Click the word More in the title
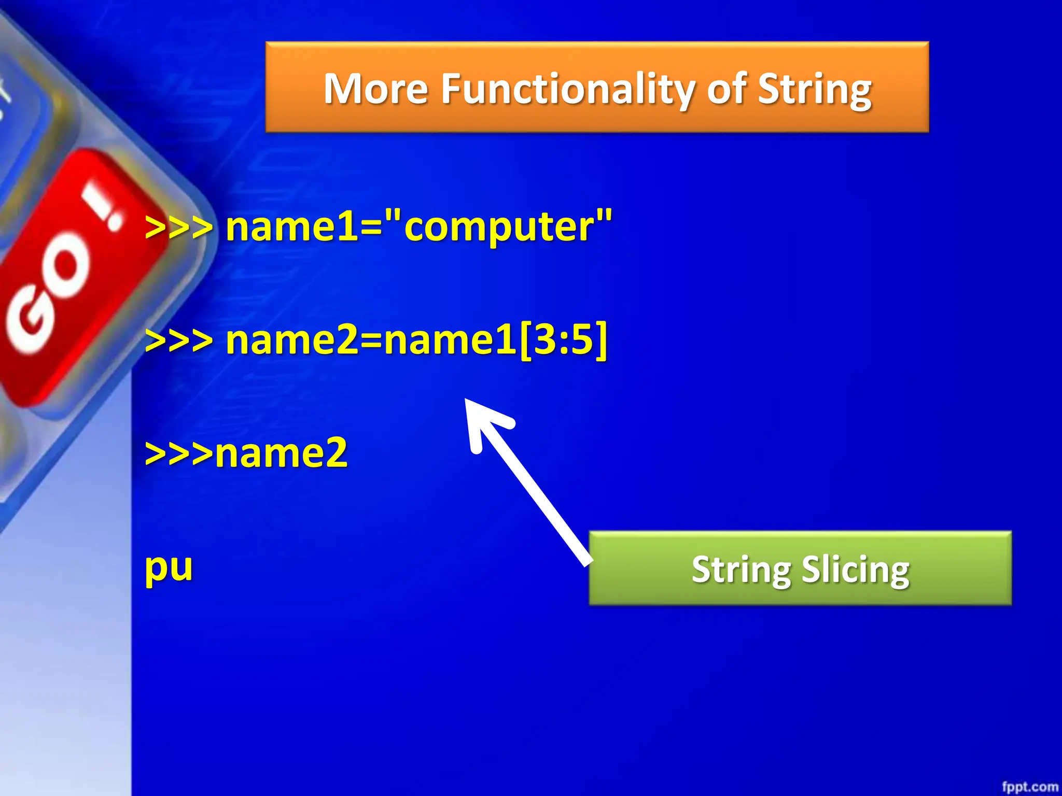[x=376, y=89]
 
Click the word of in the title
[x=727, y=89]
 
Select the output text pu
[x=169, y=567]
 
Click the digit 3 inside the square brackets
[x=546, y=340]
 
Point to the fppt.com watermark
[x=1030, y=786]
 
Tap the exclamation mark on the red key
[x=104, y=207]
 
